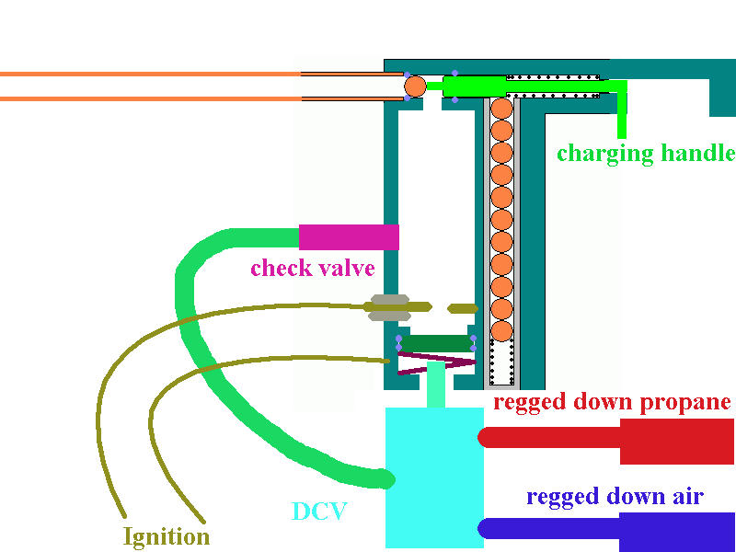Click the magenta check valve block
[x=349, y=236]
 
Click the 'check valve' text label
[x=313, y=269]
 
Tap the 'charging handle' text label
[x=646, y=153]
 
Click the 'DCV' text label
[x=318, y=512]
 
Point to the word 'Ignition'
[x=167, y=535]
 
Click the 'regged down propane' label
[x=612, y=402]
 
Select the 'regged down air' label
[x=615, y=497]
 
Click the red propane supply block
[x=677, y=441]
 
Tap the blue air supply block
[x=677, y=531]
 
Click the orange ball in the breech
[x=415, y=86]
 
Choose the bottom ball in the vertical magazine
[x=501, y=329]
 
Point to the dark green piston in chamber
[x=436, y=343]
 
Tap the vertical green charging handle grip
[x=623, y=110]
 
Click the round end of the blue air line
[x=484, y=528]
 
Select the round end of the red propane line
[x=484, y=438]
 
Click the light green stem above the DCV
[x=435, y=385]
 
